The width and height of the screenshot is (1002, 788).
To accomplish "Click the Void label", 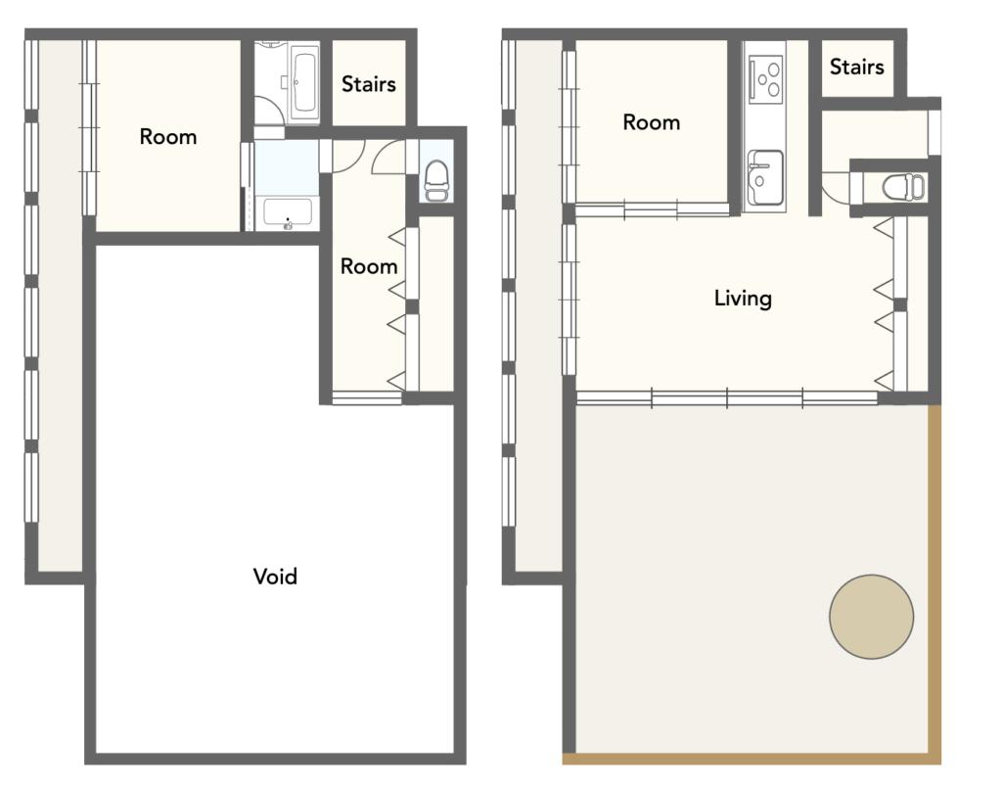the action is tap(275, 577).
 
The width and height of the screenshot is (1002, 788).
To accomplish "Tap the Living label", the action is tap(743, 299).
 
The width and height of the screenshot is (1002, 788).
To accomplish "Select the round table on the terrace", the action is tap(871, 617).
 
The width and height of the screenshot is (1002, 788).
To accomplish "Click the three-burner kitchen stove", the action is tap(766, 78).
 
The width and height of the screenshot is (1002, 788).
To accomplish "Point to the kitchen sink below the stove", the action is tap(765, 178).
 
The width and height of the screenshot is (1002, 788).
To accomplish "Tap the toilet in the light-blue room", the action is tap(437, 181).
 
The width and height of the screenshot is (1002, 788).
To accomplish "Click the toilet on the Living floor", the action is tap(903, 187).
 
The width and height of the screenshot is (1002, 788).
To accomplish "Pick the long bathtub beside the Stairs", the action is tap(304, 83).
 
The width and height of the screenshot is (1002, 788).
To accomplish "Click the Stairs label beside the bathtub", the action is tap(369, 84).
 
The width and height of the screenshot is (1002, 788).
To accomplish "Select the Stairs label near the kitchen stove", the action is tap(856, 67).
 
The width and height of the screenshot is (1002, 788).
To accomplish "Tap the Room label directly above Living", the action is tap(651, 122).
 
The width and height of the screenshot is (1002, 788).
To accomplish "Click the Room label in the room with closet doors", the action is tap(369, 266).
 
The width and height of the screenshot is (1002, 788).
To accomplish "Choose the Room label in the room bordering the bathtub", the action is tap(168, 137).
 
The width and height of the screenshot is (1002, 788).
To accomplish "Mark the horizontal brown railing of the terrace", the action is tap(751, 760).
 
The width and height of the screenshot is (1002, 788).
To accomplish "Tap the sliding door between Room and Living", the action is tap(652, 209).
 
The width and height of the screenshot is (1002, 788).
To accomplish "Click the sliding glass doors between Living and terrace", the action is tap(727, 397).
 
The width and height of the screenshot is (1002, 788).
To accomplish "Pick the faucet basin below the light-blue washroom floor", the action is tap(288, 213).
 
